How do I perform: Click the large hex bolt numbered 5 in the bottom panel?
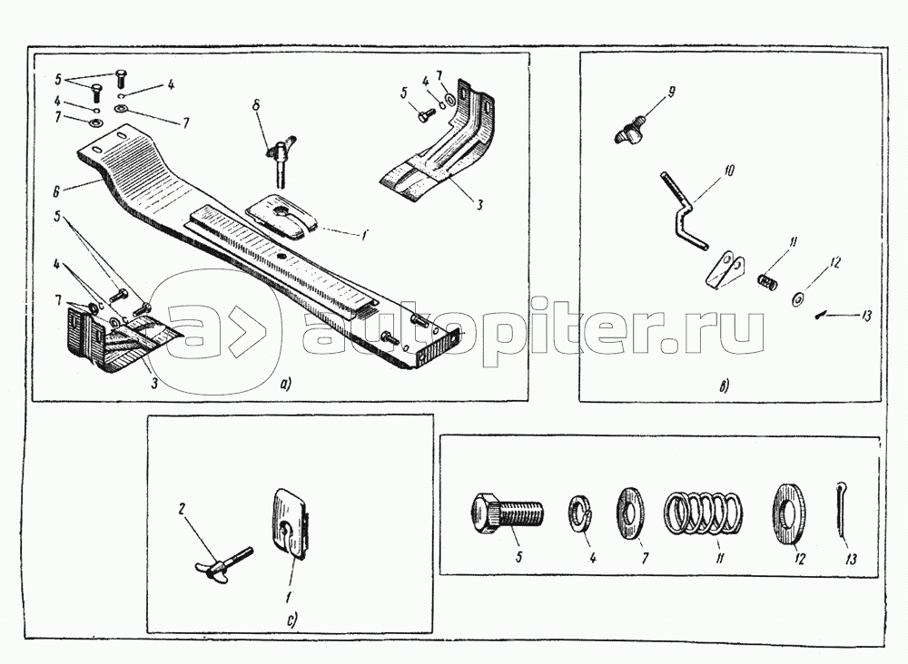(506, 513)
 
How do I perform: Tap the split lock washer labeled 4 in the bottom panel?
(582, 513)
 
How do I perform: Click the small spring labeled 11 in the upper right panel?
(768, 282)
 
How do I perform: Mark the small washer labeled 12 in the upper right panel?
(796, 298)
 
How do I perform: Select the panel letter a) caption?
(285, 385)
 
